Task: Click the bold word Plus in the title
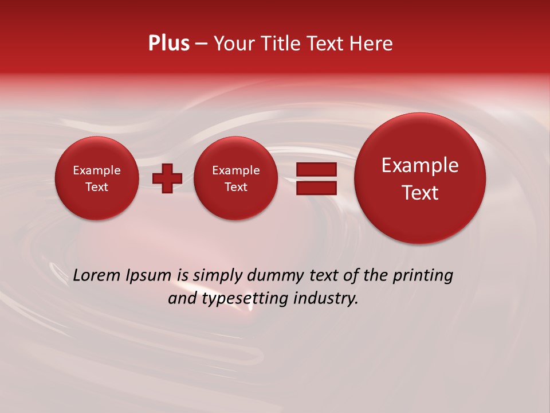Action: pos(168,44)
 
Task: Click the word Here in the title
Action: pos(372,44)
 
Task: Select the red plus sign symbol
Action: pos(167,178)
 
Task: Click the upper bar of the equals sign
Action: pos(316,170)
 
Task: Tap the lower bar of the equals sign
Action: pos(316,188)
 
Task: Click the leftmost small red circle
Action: pos(97,178)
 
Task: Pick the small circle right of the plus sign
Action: pos(236,178)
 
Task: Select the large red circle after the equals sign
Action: pos(420,178)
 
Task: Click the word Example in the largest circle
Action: pos(420,165)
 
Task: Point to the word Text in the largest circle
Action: pos(420,193)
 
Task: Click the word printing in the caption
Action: pos(423,276)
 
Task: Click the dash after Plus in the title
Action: pos(201,44)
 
